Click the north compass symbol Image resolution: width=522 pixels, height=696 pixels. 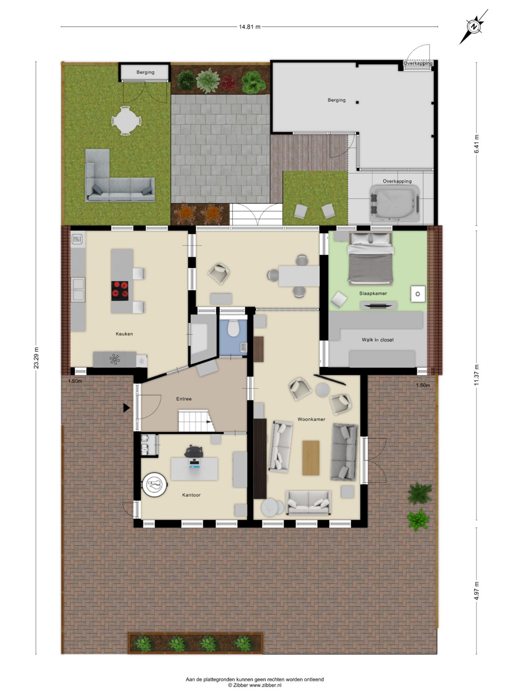[474, 27]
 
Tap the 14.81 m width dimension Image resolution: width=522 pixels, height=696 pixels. [250, 27]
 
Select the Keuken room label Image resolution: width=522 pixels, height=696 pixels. [124, 334]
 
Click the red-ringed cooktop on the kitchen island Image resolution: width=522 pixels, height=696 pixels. [120, 291]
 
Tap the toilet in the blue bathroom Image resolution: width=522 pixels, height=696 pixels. [233, 328]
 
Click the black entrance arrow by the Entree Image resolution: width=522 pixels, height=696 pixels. [126, 408]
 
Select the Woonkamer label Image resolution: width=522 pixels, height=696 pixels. [311, 419]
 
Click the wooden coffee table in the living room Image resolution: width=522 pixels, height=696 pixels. [311, 458]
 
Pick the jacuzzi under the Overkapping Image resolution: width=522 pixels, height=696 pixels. [395, 203]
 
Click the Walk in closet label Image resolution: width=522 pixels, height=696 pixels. [378, 340]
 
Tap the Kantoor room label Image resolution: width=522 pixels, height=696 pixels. [191, 495]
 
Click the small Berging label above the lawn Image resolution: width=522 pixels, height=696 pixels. [145, 72]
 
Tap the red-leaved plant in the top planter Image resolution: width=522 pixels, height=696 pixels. [229, 81]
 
